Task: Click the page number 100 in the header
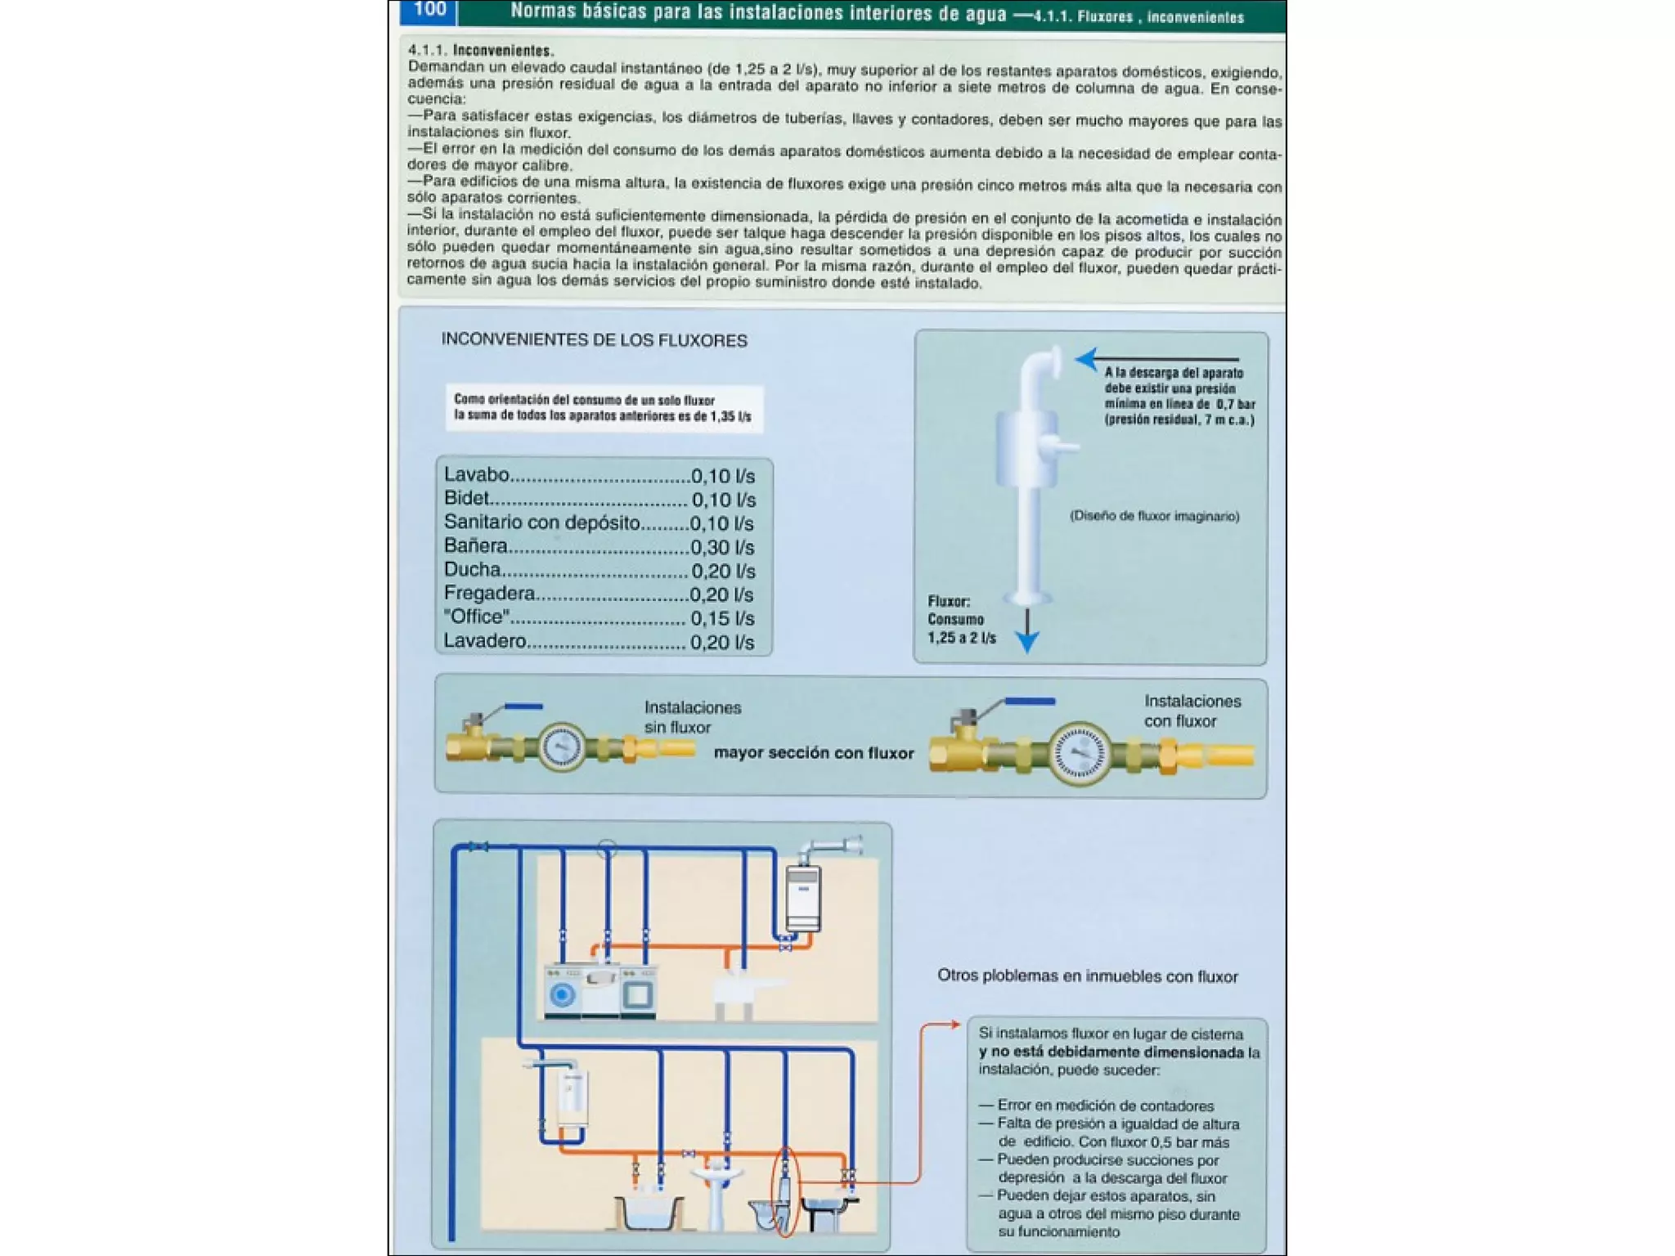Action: click(x=429, y=10)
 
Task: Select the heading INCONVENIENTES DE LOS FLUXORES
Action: click(x=594, y=340)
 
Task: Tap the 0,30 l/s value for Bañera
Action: click(x=722, y=547)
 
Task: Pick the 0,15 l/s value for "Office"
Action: click(x=722, y=618)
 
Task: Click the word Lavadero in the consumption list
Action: click(x=485, y=641)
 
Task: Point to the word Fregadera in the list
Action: click(x=489, y=594)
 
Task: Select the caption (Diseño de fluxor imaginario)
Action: click(x=1154, y=516)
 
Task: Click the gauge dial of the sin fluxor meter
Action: click(x=561, y=746)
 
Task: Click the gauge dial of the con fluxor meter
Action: click(x=1079, y=753)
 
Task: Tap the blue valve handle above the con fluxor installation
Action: click(x=1029, y=702)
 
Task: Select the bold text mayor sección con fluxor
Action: click(x=814, y=753)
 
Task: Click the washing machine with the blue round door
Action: click(x=562, y=994)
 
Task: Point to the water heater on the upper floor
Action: click(x=803, y=898)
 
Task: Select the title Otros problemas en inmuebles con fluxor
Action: click(x=1087, y=976)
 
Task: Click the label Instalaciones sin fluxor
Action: click(x=692, y=717)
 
